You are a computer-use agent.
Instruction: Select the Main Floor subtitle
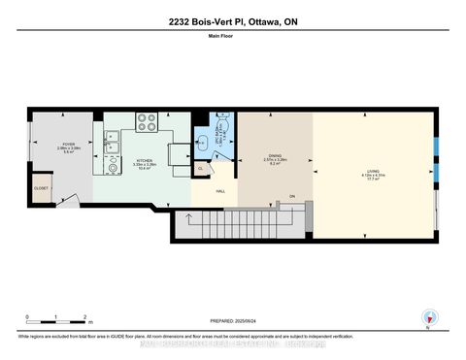pos(232,39)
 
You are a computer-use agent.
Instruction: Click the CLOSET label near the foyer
pos(41,188)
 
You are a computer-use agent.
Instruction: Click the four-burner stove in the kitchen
pos(146,122)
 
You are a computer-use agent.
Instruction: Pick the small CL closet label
pos(200,168)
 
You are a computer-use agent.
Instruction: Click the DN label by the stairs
pos(290,197)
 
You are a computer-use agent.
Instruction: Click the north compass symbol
pos(426,317)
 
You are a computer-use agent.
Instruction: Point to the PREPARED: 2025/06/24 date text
pos(232,322)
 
